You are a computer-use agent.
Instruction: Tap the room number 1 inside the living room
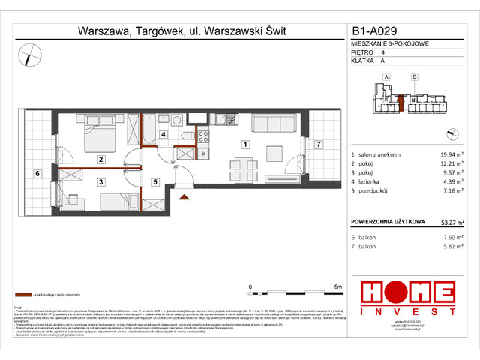tap(244, 143)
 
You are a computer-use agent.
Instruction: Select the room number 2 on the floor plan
tap(99, 159)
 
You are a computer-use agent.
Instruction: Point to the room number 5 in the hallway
tap(154, 181)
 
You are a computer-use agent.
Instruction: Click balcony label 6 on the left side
tap(37, 173)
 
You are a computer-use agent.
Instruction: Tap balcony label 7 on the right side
tap(317, 143)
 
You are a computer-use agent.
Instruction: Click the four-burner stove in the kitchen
tap(202, 136)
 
